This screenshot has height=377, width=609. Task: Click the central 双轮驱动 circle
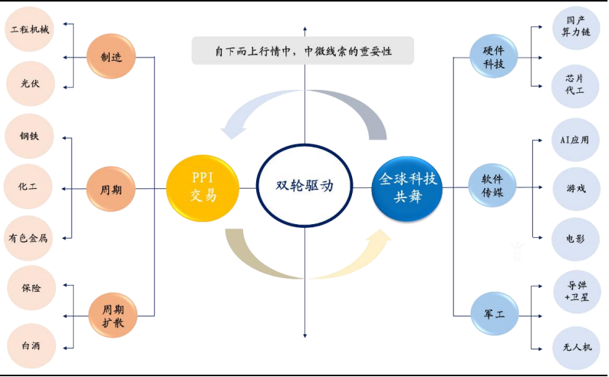(304, 185)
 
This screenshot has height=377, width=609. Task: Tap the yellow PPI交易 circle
(203, 187)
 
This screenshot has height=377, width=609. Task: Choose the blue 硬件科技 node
(494, 56)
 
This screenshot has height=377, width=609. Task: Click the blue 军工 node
(494, 314)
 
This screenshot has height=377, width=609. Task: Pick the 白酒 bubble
(31, 345)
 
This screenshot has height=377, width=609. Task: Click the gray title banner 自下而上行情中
(302, 51)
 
